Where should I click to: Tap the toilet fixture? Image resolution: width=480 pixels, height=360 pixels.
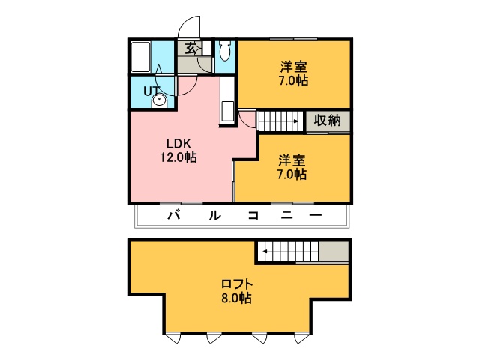point(225,52)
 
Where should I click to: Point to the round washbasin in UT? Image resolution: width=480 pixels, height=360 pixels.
point(160,99)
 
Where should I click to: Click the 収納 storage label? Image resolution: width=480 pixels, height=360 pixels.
point(328,120)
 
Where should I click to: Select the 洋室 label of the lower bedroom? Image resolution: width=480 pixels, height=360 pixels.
point(292,160)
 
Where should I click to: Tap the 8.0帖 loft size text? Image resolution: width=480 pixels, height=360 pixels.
point(236,298)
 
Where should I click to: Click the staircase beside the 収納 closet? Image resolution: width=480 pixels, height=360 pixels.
point(281,121)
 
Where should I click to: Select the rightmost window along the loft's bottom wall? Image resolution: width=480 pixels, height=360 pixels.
point(301,337)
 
